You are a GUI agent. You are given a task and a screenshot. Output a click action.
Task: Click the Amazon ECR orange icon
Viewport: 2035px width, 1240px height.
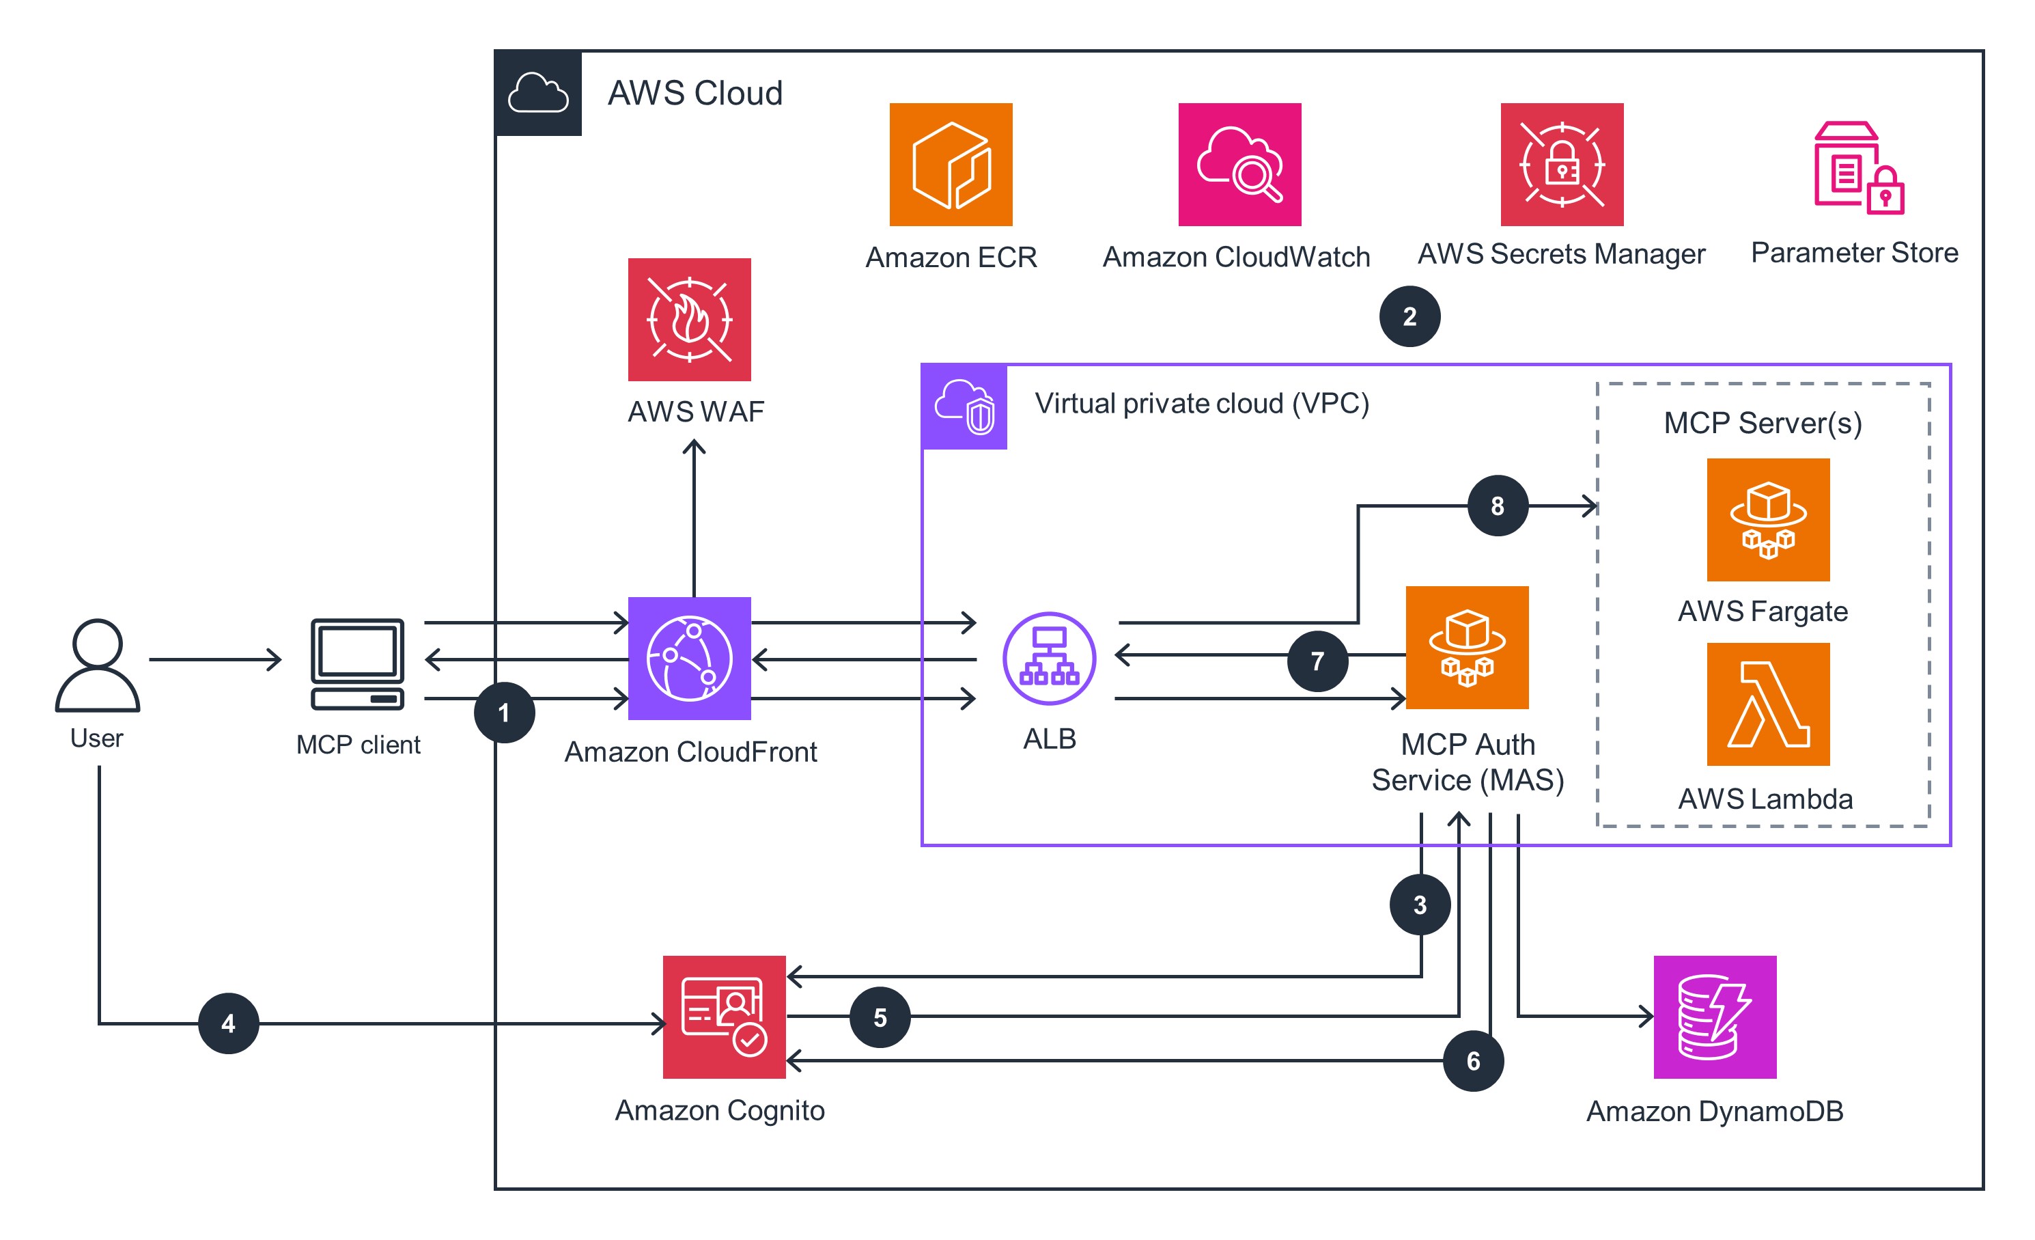(951, 165)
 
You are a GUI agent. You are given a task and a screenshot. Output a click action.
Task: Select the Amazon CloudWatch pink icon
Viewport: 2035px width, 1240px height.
(1239, 165)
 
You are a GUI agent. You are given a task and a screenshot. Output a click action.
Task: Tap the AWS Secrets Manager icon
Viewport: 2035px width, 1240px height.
(1561, 165)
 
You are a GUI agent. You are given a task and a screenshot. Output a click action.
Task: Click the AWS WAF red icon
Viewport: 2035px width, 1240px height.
(689, 319)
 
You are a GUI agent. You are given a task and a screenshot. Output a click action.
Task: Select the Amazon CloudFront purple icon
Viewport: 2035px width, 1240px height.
(689, 659)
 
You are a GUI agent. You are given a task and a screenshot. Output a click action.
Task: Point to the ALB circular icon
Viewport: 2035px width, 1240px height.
(1049, 659)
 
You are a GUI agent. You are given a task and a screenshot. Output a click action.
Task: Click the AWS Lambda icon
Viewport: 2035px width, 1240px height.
(1767, 704)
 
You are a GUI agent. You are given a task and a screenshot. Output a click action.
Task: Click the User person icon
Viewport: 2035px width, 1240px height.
(98, 665)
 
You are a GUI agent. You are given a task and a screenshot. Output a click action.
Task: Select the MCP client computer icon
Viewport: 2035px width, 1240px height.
(358, 663)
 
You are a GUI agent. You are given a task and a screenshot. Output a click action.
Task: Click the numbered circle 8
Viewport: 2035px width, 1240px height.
(1498, 506)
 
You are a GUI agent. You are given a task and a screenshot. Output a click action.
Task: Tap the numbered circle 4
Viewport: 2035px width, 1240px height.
(229, 1023)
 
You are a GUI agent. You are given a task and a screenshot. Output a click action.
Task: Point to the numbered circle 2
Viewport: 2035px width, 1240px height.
(1409, 316)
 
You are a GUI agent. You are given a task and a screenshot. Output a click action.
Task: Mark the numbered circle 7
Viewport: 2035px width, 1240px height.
(1317, 661)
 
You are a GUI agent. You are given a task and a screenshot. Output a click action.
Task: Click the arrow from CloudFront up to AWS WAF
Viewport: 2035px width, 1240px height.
(694, 521)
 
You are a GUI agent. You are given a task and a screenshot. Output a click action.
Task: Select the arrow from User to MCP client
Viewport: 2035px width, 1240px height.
(214, 659)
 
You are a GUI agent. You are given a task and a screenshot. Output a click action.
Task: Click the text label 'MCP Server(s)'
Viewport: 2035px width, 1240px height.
(1763, 423)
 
